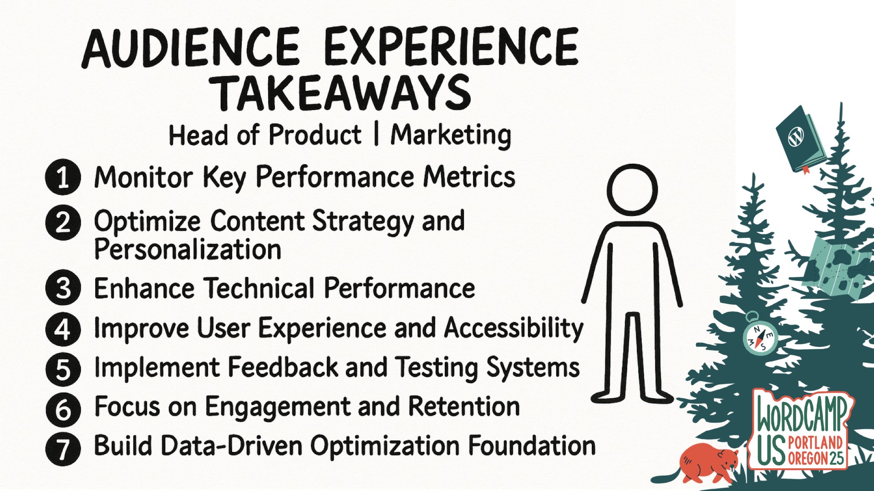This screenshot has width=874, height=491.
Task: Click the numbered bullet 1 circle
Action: (63, 177)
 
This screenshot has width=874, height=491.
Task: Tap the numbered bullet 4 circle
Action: (63, 329)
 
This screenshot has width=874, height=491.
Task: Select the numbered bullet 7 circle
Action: (63, 448)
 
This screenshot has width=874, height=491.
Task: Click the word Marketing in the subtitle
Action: (451, 135)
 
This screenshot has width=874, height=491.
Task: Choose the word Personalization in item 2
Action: (188, 250)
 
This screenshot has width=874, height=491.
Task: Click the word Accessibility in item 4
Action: (513, 328)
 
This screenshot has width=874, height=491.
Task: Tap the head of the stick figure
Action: (632, 190)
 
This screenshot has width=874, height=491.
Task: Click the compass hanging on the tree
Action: (760, 338)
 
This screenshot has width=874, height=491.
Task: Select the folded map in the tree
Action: (836, 268)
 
